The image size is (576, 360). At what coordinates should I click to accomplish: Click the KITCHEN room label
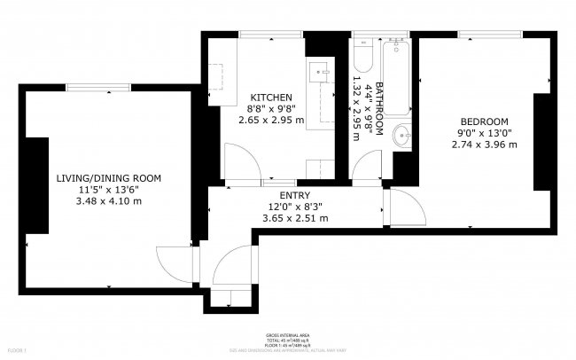click(x=270, y=98)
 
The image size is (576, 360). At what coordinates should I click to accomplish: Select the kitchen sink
click(x=320, y=71)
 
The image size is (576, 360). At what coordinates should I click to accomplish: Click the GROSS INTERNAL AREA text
click(x=288, y=336)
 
